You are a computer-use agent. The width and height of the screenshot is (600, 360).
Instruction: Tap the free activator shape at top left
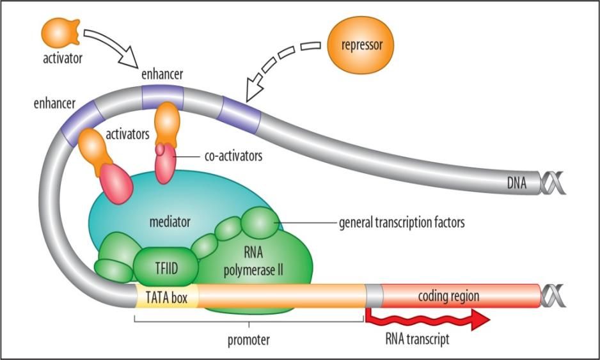point(61,32)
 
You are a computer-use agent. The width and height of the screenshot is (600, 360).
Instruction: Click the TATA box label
point(167,297)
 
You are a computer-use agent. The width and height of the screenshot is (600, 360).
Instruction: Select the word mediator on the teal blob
point(171,223)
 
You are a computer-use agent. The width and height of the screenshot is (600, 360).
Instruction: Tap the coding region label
point(448,296)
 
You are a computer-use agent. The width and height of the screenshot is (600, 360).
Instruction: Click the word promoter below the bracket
point(248,340)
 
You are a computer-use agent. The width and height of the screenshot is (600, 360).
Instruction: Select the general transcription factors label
point(401,223)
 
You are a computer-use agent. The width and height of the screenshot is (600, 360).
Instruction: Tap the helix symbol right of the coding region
point(551,296)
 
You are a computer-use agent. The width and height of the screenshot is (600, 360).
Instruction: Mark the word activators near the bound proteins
point(130,134)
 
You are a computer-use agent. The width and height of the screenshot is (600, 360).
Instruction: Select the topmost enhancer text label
point(162,74)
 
